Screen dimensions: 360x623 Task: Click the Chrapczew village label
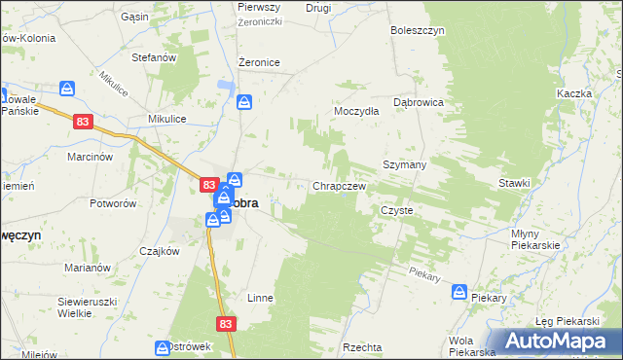pos(339,186)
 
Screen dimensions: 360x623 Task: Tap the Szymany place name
pos(405,165)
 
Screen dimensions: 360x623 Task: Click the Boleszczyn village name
pos(418,30)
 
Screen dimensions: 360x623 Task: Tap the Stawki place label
pos(514,183)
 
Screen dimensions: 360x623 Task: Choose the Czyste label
pos(397,210)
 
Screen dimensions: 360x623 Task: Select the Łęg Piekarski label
pos(567,321)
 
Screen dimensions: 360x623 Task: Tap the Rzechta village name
pos(362,347)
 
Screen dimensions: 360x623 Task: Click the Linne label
pos(260,298)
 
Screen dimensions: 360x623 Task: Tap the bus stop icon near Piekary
pos(459,292)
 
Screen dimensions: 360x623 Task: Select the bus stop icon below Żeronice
pos(244,100)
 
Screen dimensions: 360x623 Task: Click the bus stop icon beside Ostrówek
pos(163,347)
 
